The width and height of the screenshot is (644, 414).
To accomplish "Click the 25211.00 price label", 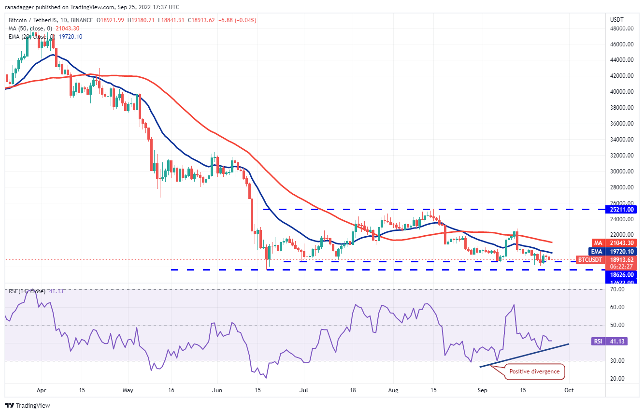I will coord(623,210).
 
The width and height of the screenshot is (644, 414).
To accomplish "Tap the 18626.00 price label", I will coord(623,274).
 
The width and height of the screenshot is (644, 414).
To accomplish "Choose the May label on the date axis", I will coord(128,389).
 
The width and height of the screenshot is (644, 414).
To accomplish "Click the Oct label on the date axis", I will coord(569,389).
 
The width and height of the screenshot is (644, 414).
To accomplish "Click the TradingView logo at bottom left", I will coord(28,405).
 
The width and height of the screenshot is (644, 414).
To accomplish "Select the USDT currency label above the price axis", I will coord(618,20).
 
